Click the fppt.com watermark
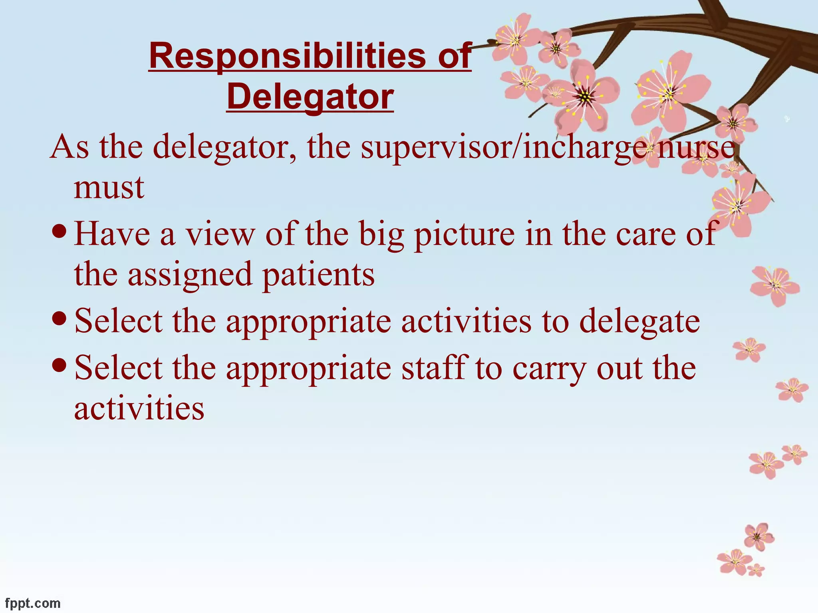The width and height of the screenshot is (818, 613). (33, 603)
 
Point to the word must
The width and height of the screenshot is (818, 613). (109, 188)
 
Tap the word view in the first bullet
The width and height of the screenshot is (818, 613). (220, 235)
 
